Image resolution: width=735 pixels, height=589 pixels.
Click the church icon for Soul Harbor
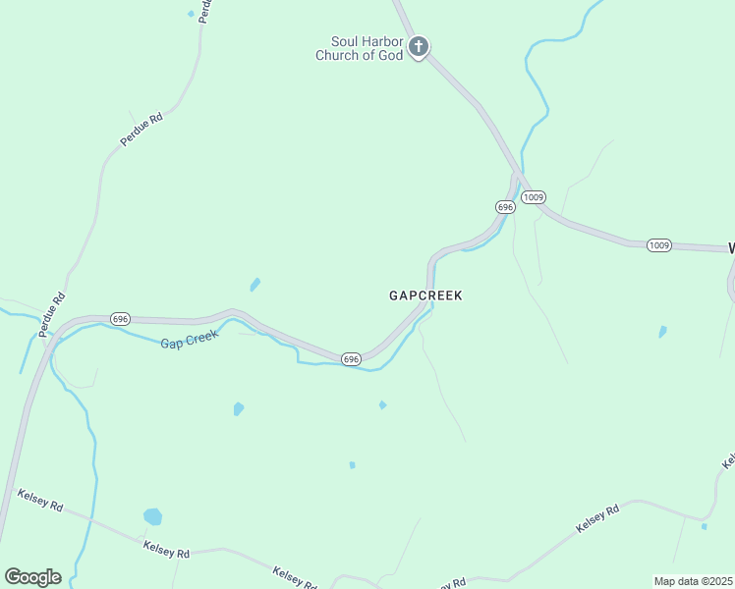coord(419,46)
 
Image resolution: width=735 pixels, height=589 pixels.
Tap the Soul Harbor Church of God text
coord(360,49)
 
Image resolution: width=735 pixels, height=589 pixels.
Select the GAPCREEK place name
coord(425,295)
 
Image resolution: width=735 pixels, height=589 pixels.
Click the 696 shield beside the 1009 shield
coord(505,207)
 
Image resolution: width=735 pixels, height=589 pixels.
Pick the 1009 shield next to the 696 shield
coord(534,197)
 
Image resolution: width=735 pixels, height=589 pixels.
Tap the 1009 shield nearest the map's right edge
coord(659,244)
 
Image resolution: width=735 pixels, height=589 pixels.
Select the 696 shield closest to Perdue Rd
coord(120,319)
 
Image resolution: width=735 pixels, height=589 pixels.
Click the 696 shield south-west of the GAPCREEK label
coord(351,359)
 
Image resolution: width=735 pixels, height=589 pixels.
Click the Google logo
coord(32,577)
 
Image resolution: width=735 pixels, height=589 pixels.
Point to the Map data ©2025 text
coord(694,581)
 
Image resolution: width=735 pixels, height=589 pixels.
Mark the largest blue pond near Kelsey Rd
coord(152,516)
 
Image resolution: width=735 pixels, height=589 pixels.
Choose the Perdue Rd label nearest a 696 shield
coord(53,315)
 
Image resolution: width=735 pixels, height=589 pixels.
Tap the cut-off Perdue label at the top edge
coord(204,10)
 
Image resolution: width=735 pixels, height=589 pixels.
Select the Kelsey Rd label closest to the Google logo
coord(40,500)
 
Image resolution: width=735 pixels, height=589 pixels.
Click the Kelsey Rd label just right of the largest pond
coord(166,550)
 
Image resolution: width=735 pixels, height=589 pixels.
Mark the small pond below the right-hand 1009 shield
coord(662,332)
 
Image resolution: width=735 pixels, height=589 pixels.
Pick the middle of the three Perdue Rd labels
coord(141,130)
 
